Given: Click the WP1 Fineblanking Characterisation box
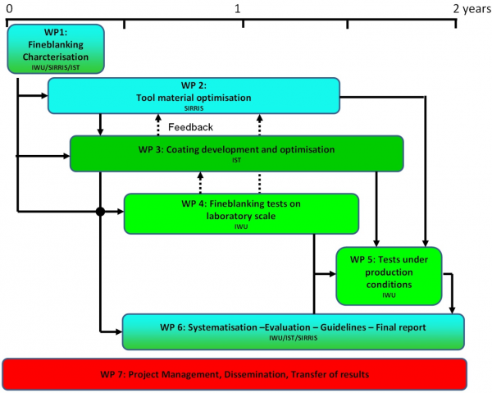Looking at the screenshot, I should (x=57, y=48).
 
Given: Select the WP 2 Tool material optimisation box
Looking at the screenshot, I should (x=193, y=95).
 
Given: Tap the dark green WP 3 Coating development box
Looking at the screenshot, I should (x=236, y=153).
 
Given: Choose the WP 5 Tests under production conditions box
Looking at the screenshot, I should (x=389, y=275).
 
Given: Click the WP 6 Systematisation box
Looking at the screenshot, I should (x=293, y=331).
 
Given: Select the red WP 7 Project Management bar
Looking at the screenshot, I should (x=235, y=373).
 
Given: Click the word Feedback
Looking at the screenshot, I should (x=190, y=127).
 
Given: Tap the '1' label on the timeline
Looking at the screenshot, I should (x=238, y=7).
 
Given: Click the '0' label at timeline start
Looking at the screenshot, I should (x=8, y=7).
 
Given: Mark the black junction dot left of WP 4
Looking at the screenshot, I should (x=100, y=212).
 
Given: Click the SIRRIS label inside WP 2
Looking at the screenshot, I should (x=193, y=107).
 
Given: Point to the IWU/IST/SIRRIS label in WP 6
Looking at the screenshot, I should (x=293, y=339).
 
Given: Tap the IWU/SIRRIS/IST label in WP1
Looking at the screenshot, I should (x=57, y=67).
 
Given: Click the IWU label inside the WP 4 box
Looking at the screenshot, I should (x=240, y=226).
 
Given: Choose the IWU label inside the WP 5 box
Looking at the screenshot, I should (x=389, y=295).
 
